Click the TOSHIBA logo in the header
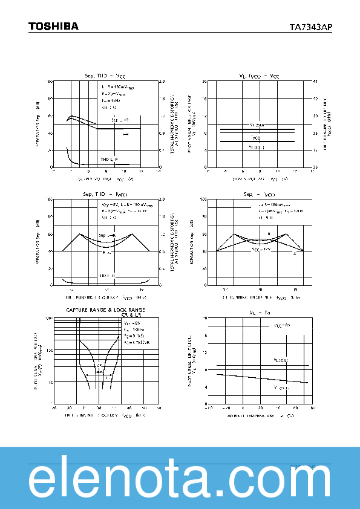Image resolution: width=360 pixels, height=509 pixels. coord(53,26)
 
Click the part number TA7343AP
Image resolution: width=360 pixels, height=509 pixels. coord(311,27)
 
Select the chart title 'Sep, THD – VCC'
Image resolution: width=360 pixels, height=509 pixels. coord(105,76)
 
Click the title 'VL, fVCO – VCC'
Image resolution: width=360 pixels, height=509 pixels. coord(259,76)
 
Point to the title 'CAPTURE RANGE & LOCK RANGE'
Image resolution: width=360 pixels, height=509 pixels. coord(105,310)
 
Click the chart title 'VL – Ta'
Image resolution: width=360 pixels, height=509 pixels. coord(259,313)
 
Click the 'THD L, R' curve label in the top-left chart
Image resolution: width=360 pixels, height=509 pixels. coord(109,159)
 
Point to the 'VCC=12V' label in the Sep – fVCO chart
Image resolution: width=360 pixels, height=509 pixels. coord(261,248)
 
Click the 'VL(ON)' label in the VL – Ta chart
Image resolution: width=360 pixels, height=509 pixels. coord(281,360)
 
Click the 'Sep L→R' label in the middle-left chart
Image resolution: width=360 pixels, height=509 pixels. coord(106,235)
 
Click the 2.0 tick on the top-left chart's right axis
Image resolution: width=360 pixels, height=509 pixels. coord(162,81)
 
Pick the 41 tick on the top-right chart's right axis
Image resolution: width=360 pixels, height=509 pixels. coord(316,81)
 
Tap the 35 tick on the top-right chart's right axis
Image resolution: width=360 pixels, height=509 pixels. coord(316,133)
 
